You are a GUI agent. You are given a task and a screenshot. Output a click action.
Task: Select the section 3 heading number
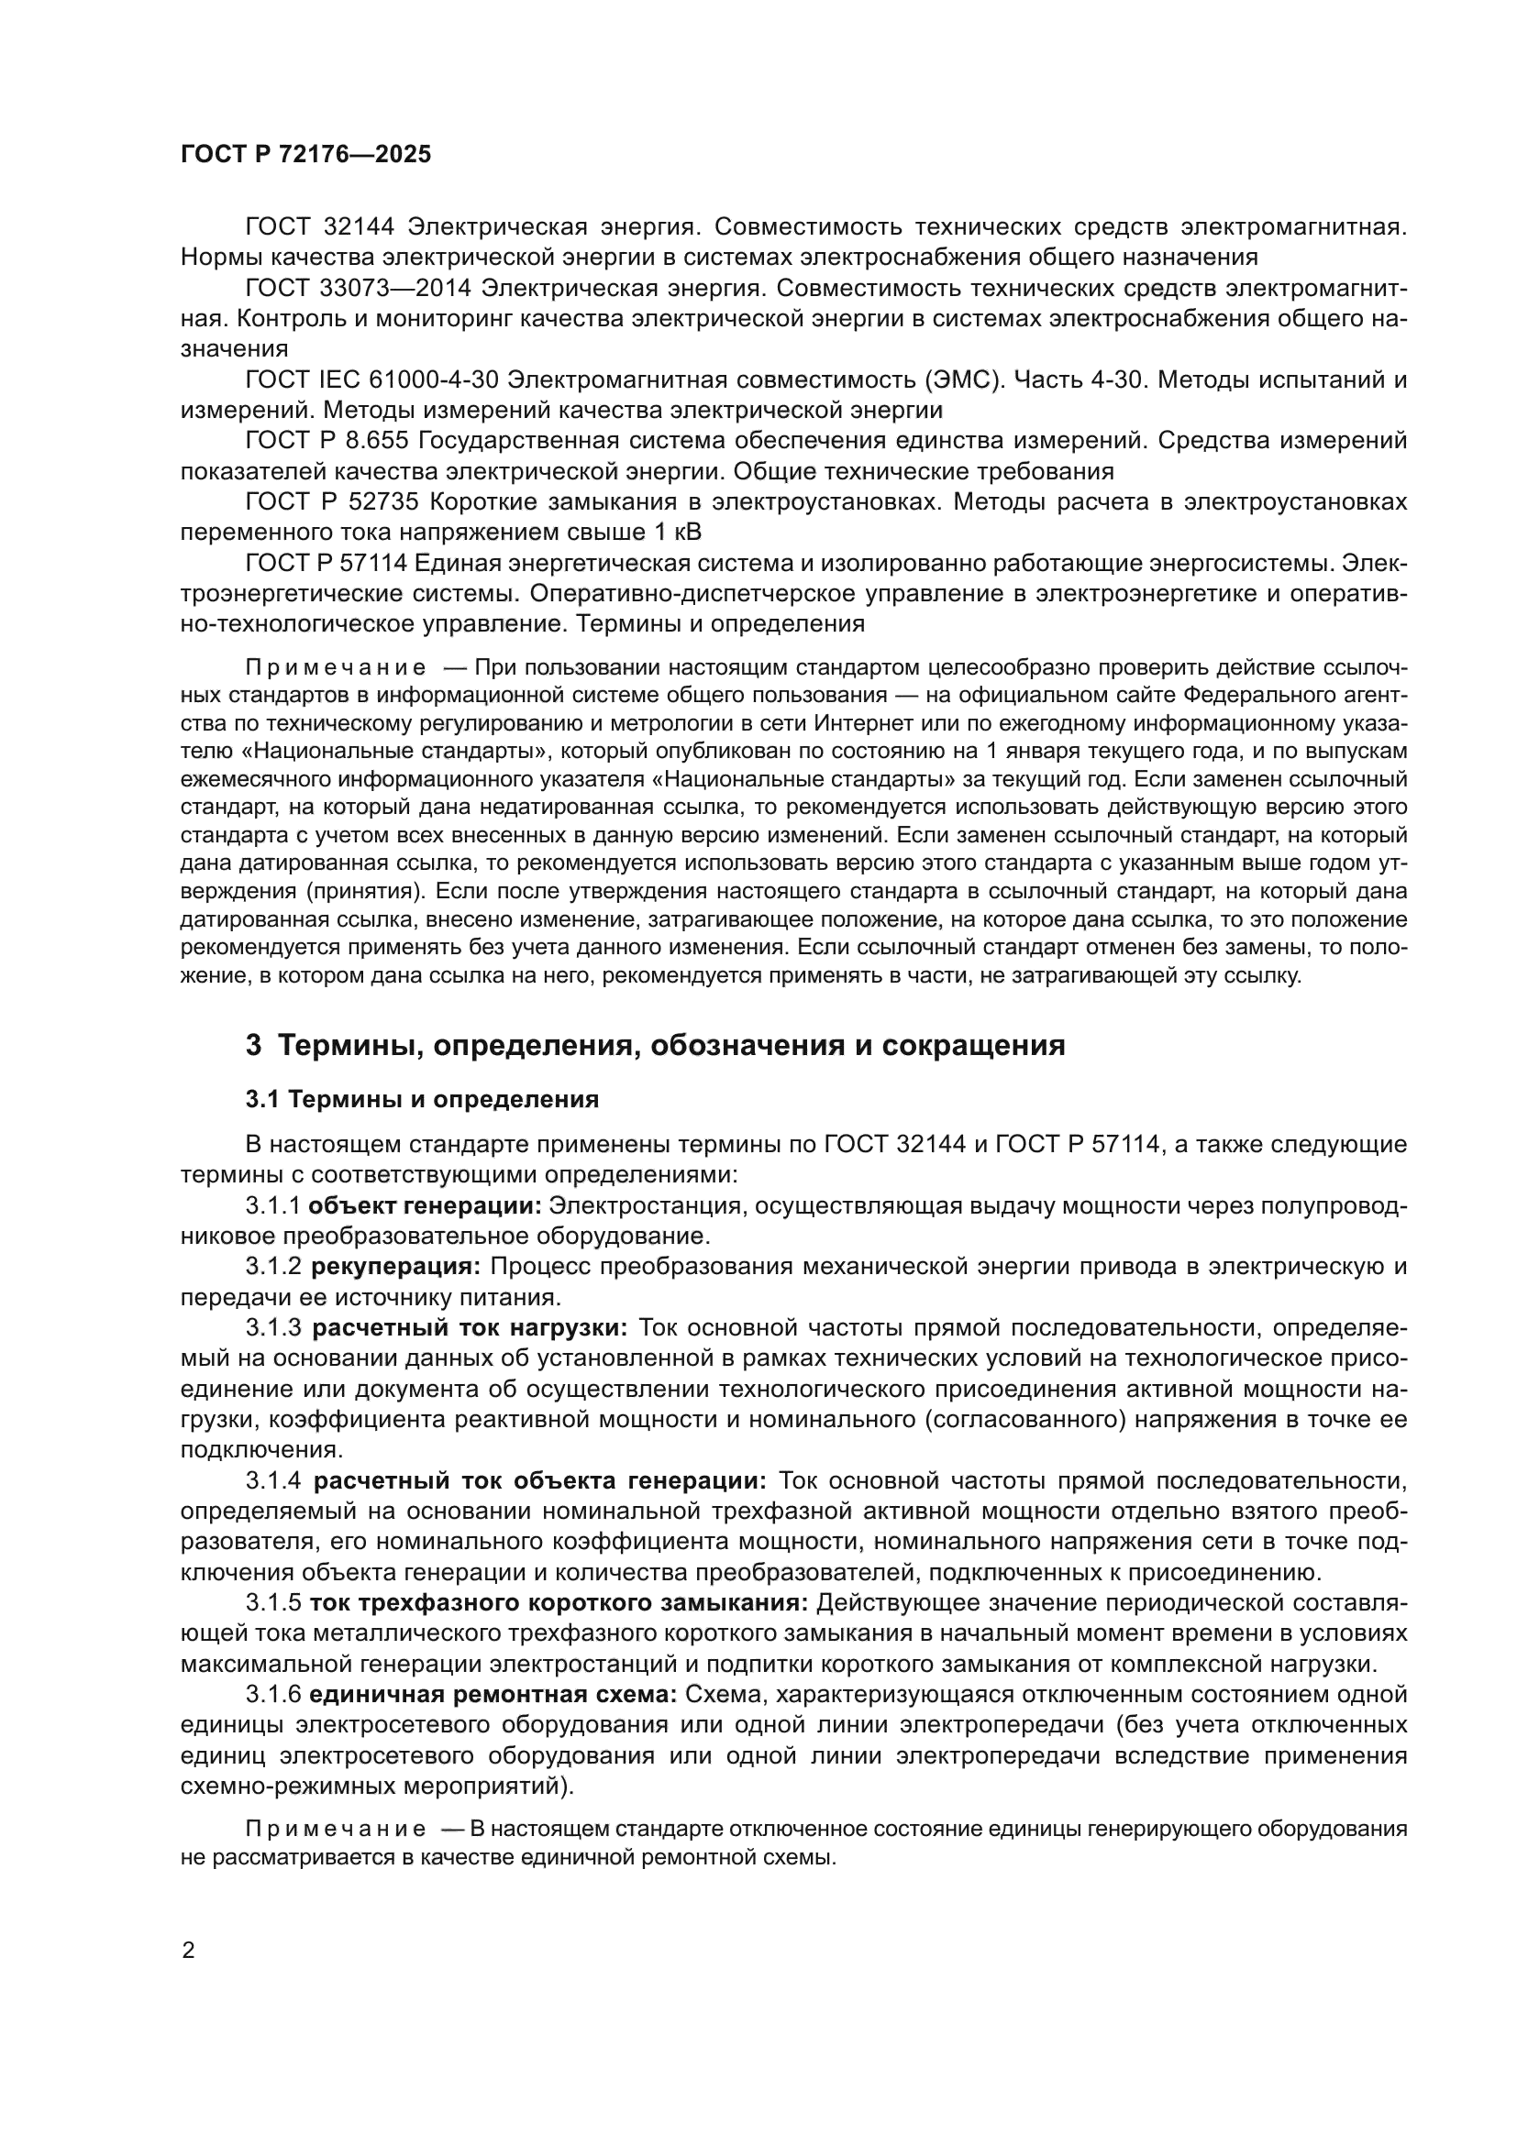coord(253,1045)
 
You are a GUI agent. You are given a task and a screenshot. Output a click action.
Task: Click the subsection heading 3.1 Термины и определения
coord(421,1099)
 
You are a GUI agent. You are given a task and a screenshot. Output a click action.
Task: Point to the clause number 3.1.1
coord(272,1205)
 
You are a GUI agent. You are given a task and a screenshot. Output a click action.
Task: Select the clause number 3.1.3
coord(273,1328)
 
